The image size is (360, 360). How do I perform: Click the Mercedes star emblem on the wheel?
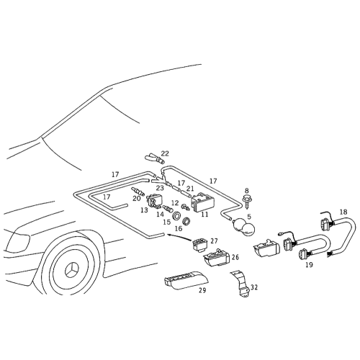tap(72, 270)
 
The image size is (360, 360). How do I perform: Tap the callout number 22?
tap(165, 153)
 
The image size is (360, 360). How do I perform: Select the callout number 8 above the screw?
tap(247, 191)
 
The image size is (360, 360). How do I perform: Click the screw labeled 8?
tap(246, 202)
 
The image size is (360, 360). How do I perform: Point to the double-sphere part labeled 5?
tap(244, 226)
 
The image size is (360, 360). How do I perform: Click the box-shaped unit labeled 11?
tap(202, 204)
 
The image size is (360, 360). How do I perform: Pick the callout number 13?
tap(144, 210)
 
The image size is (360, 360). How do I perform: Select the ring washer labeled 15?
tap(177, 216)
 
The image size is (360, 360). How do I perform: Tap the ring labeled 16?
tap(186, 221)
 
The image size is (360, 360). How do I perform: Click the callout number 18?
tap(343, 212)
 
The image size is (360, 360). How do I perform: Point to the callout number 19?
tap(310, 265)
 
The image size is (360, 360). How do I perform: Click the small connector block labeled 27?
tap(200, 244)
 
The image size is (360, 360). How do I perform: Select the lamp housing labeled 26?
tap(217, 258)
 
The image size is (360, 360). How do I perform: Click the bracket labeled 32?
tap(240, 285)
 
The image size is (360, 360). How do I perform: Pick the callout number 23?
tap(160, 188)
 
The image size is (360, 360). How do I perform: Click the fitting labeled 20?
tap(138, 192)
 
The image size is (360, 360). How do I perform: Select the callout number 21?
tap(190, 188)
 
